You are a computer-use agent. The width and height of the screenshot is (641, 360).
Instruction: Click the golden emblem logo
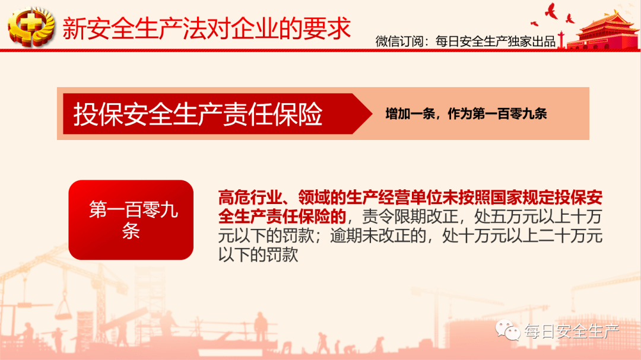coord(31,27)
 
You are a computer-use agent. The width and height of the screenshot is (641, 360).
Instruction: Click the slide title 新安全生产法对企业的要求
coord(207,28)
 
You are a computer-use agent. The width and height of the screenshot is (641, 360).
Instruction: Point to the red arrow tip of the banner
coord(372,114)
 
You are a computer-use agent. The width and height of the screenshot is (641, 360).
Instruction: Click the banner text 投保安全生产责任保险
coord(198,114)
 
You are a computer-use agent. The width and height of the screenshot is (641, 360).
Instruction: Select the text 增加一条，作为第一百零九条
coord(466,114)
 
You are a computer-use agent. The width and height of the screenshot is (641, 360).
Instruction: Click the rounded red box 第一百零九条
coord(131,220)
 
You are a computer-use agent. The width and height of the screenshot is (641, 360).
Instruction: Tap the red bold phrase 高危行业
coord(250,197)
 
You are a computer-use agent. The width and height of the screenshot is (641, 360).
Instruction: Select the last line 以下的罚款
coord(258,255)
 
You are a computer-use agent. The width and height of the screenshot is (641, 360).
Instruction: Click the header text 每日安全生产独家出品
coord(496,42)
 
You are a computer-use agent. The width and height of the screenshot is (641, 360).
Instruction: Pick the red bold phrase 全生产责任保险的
coord(282,216)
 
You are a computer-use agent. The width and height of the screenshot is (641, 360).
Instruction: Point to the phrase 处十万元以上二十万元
coord(522,236)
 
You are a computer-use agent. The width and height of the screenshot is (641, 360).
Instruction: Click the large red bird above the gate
coord(551,11)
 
